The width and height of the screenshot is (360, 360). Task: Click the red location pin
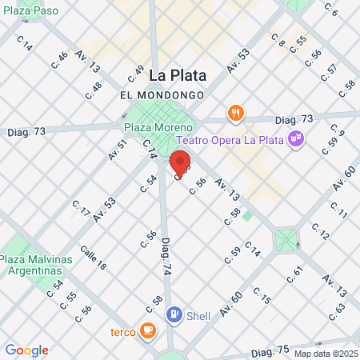[180, 162]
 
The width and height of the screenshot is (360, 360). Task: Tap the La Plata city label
[178, 76]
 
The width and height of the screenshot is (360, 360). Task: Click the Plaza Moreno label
[158, 127]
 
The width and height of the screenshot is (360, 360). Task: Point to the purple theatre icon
[297, 139]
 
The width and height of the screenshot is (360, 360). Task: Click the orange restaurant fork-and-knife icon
[235, 113]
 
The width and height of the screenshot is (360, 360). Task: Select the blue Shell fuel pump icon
[174, 314]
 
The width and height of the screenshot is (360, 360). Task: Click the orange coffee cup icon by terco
[147, 330]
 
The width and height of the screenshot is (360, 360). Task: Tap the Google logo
[26, 350]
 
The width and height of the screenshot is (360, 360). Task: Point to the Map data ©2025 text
[325, 354]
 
